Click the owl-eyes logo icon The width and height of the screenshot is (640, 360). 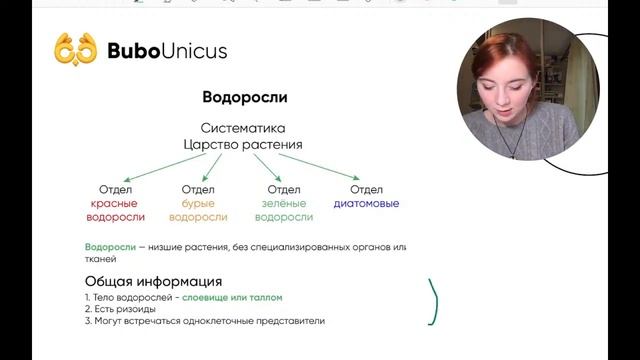click(76, 49)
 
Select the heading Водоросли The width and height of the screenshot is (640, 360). click(244, 98)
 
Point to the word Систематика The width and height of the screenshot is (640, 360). click(243, 128)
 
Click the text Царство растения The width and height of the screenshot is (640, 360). click(243, 144)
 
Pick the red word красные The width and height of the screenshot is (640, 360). click(114, 203)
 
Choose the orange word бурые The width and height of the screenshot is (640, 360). click(199, 203)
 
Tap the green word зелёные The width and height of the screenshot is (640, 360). click(284, 203)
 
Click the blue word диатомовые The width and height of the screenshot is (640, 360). click(367, 203)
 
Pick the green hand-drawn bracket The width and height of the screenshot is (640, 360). click(434, 302)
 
